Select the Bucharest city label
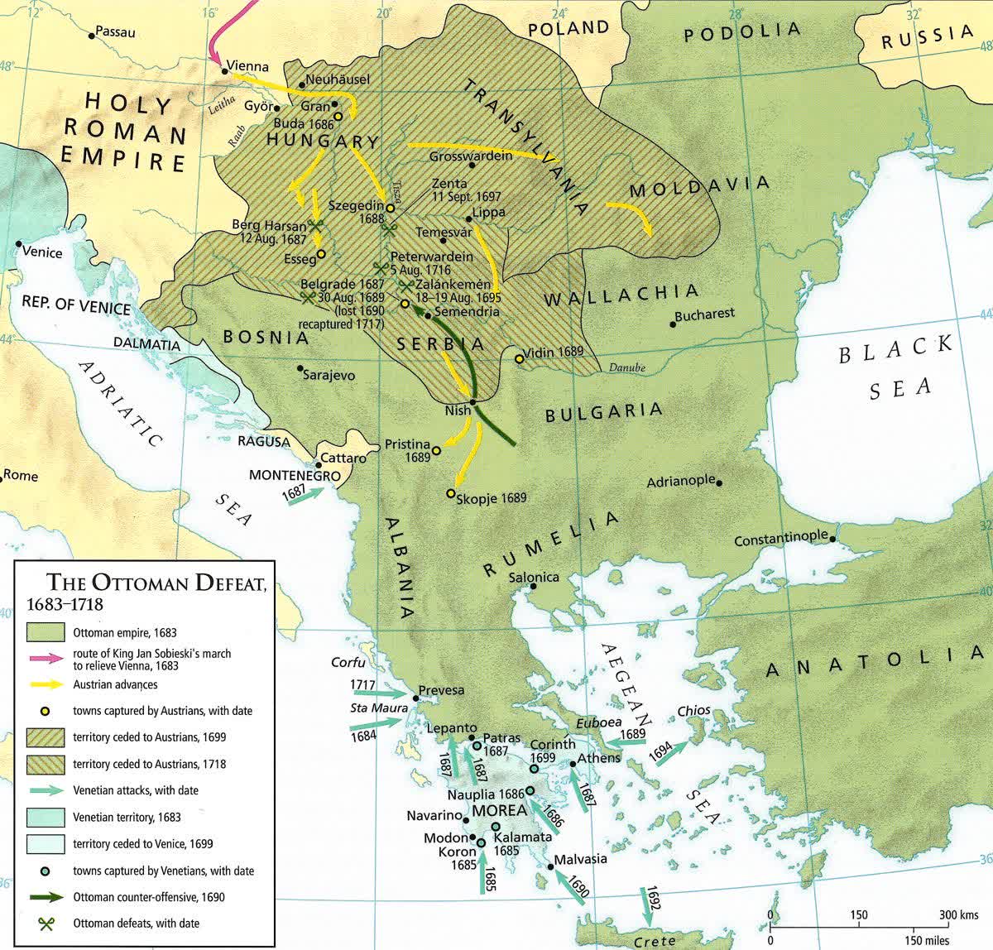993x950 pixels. (704, 314)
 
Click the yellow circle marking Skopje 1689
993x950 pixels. (450, 493)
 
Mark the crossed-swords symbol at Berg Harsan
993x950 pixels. (314, 224)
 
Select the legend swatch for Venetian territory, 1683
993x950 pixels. (46, 817)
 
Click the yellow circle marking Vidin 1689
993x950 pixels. (519, 358)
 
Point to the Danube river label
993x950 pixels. (626, 368)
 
